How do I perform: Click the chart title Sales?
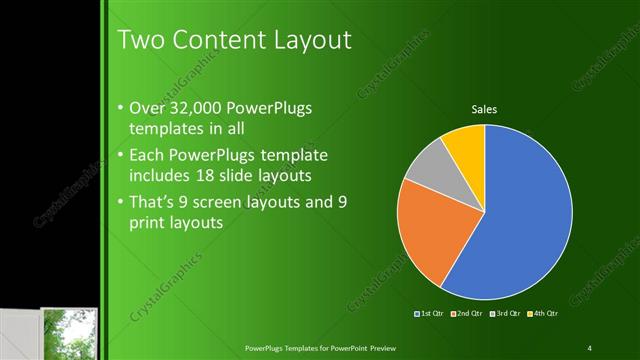[485, 109]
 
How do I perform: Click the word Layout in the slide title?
[305, 40]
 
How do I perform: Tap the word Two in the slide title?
[140, 40]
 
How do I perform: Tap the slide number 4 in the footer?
[590, 347]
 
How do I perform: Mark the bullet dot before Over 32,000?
[120, 108]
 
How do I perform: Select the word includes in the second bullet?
[159, 176]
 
